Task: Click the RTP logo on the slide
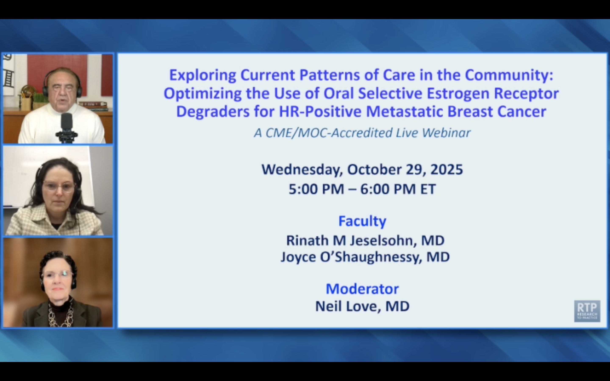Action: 587,311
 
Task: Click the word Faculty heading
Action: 362,221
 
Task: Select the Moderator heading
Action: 362,289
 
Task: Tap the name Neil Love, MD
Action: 362,306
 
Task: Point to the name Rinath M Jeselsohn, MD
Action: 365,240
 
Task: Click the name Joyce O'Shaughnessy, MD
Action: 365,257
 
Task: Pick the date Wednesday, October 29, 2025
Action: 362,169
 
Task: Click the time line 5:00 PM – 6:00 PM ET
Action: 362,189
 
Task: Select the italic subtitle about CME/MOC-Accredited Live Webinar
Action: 362,133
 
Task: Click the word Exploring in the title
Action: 203,75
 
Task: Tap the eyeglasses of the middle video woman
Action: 58,186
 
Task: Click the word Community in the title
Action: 508,75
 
